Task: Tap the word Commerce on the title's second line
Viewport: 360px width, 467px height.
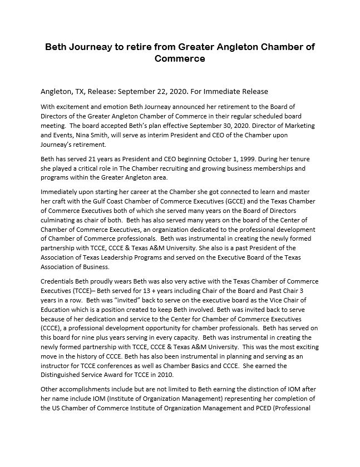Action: tap(180, 58)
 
